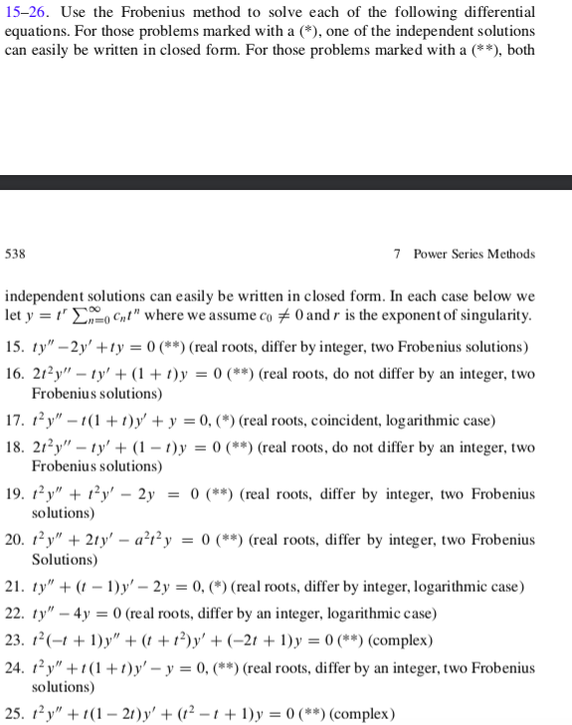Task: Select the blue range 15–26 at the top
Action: point(24,11)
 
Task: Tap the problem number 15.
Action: point(14,346)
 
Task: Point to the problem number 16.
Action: point(14,374)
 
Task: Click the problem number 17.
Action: point(14,421)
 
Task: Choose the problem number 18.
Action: point(14,449)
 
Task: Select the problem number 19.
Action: point(14,494)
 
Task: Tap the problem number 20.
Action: point(14,541)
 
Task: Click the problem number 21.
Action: point(14,587)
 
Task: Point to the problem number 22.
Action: point(14,611)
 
